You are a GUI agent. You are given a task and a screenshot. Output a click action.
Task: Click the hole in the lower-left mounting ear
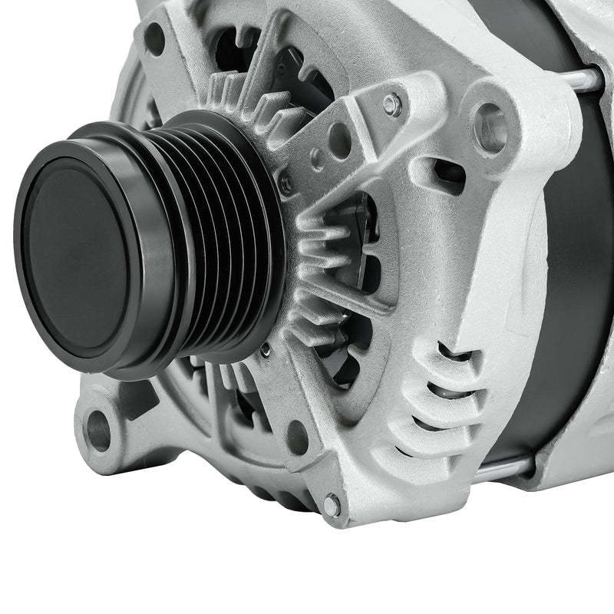pyautogui.click(x=98, y=430)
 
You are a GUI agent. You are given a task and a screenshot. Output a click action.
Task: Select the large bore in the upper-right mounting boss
pyautogui.click(x=491, y=127)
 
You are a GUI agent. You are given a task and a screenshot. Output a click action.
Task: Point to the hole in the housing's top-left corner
pyautogui.click(x=154, y=38)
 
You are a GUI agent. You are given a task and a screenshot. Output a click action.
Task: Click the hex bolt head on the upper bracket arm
pyautogui.click(x=392, y=104)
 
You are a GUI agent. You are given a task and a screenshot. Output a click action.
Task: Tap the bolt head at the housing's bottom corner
pyautogui.click(x=332, y=504)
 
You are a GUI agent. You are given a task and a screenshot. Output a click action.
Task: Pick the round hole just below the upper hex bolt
pyautogui.click(x=340, y=140)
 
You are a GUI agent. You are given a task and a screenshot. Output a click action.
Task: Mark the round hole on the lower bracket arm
pyautogui.click(x=298, y=437)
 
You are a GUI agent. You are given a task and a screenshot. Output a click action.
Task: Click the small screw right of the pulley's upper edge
pyautogui.click(x=286, y=183)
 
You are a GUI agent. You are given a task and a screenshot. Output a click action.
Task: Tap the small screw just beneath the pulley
pyautogui.click(x=265, y=349)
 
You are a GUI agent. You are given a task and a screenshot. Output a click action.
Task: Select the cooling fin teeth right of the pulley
pyautogui.click(x=322, y=276)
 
